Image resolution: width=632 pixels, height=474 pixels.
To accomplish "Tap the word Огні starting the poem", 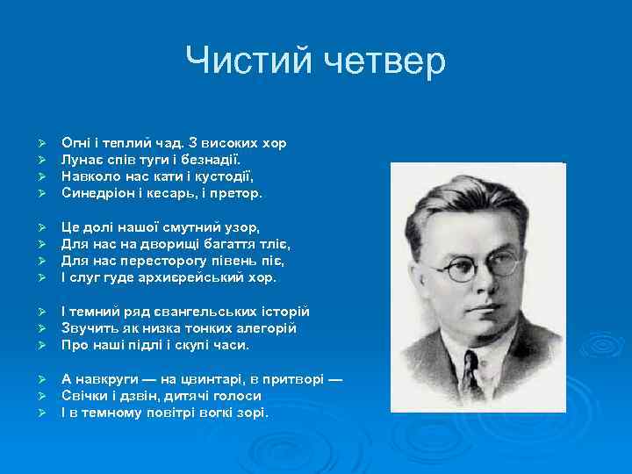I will tap(74, 142).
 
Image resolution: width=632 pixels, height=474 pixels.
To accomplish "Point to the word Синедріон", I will tap(100, 191).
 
